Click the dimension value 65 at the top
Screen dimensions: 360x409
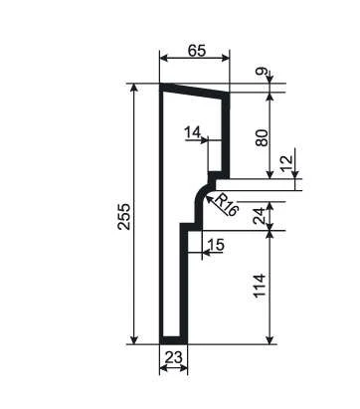click(197, 51)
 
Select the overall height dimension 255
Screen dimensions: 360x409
click(124, 217)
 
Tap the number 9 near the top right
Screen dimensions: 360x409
click(262, 71)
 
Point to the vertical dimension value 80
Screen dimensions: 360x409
click(262, 137)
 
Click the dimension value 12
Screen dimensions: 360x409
click(287, 162)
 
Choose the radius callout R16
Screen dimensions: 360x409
click(227, 205)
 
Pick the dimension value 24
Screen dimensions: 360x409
click(259, 216)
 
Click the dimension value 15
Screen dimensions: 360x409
click(216, 245)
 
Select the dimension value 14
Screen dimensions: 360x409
click(193, 132)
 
